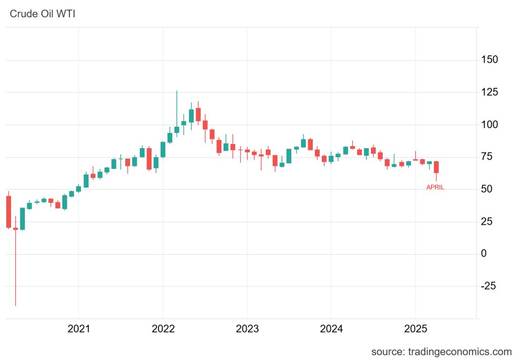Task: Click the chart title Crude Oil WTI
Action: coord(43,13)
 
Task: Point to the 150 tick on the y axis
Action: coord(490,60)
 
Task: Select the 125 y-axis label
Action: coord(490,92)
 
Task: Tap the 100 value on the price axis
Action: coord(490,125)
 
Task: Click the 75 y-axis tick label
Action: coord(487,157)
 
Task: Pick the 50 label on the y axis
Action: coord(487,189)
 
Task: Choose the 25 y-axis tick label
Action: coord(487,222)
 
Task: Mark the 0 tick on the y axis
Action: coord(484,254)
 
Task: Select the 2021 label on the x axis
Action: coord(79,329)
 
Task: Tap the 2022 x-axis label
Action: coord(163,329)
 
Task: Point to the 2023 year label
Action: coord(247,329)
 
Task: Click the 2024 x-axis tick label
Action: coord(331,329)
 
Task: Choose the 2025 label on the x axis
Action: coord(415,329)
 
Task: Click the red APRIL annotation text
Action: coord(435,187)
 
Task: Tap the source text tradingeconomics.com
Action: coord(441,351)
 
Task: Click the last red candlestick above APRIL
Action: coord(436,168)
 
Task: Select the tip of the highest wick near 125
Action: coord(177,91)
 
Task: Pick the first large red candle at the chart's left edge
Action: coord(9,211)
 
